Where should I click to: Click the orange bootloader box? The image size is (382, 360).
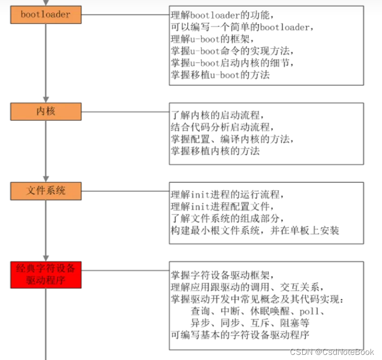46,15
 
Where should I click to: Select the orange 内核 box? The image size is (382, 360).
46,111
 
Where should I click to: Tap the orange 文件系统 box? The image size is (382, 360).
46,191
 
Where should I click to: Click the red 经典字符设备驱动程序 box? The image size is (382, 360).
46,275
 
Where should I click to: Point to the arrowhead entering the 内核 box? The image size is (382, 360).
46,100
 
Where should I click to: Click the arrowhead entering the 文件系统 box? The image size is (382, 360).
46,179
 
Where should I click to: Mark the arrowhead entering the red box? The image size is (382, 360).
46,258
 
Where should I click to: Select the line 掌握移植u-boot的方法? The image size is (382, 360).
220,75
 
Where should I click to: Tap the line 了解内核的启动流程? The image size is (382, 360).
217,115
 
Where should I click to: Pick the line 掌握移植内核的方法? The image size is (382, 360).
215,151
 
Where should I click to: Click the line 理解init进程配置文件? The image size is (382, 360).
222,206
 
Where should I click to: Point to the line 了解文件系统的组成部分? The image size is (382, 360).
227,218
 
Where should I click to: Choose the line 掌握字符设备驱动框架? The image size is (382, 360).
222,275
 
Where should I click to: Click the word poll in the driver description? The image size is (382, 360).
309,311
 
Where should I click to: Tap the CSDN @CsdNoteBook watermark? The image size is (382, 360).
332,352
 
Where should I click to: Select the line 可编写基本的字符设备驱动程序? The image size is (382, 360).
240,335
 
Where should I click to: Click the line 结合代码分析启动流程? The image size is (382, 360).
222,127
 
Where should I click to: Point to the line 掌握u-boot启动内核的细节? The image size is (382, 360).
232,63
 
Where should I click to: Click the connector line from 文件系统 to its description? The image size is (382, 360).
125,191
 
